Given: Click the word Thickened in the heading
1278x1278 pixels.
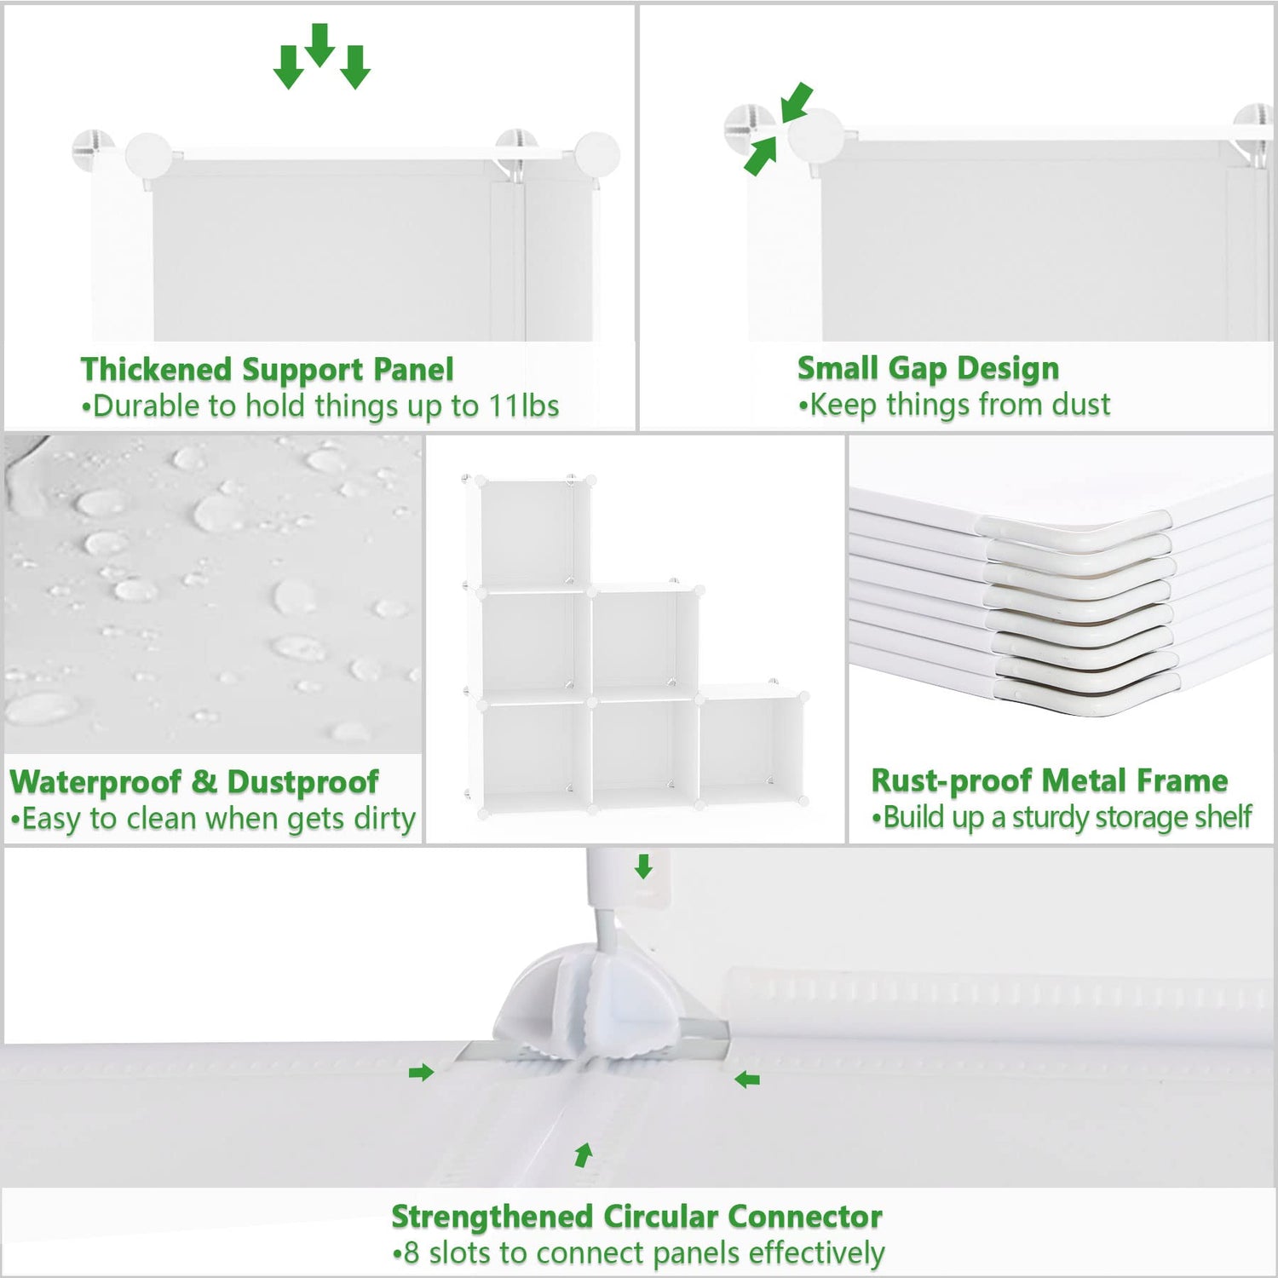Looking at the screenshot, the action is [x=157, y=370].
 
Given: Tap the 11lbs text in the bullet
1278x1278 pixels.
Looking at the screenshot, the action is [x=524, y=406].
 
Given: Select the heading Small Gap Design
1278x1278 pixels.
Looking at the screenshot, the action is [x=928, y=368].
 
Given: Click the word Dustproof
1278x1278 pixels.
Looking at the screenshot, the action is [x=302, y=782].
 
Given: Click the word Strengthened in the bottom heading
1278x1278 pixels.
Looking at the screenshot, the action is [x=492, y=1217].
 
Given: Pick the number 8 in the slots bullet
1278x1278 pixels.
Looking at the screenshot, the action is [x=412, y=1253].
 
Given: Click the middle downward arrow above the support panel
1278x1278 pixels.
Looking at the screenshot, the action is [x=319, y=45].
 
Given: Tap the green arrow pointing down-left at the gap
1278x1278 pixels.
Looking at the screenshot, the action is [x=796, y=102].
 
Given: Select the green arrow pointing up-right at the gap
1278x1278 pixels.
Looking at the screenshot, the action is [x=761, y=156].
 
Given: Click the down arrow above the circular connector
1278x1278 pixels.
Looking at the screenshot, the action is [x=644, y=866].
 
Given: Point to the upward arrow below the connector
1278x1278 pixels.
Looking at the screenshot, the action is [x=584, y=1155].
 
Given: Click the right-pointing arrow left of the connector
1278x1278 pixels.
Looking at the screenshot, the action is [x=421, y=1073].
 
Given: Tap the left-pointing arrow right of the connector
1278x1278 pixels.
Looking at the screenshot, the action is [x=747, y=1080].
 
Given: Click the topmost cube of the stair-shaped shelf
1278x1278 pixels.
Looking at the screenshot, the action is [x=534, y=532].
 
